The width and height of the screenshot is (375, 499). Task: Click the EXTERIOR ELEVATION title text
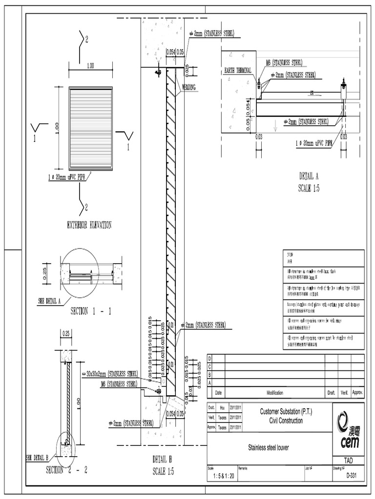click(x=89, y=225)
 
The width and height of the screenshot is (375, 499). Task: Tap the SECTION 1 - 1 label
click(x=91, y=312)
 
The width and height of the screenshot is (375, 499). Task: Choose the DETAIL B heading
click(x=163, y=460)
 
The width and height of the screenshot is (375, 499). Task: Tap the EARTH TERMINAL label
click(x=238, y=70)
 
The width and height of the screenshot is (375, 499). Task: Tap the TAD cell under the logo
click(x=348, y=460)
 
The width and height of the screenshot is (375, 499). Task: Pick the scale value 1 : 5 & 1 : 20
click(x=221, y=476)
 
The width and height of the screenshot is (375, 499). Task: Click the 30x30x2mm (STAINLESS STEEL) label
click(x=111, y=374)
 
